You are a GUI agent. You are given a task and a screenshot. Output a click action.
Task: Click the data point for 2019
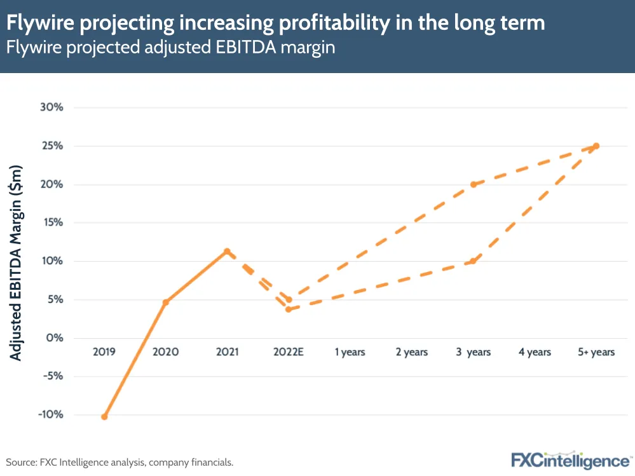click(104, 417)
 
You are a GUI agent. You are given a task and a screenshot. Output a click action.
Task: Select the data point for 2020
click(165, 302)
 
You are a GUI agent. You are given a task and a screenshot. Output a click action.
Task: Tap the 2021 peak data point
click(227, 251)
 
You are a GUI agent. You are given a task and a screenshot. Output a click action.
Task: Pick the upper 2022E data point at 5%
click(289, 299)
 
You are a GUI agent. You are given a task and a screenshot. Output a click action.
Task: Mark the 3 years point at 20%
click(474, 184)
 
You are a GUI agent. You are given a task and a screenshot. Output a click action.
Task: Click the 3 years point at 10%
click(474, 261)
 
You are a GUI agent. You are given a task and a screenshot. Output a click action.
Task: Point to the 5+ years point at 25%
click(596, 146)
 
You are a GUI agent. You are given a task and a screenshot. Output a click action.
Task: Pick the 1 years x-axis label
click(350, 352)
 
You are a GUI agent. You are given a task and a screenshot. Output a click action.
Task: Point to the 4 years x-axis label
click(535, 352)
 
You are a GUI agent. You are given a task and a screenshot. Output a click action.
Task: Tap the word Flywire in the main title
click(38, 24)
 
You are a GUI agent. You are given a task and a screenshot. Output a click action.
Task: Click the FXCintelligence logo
click(571, 460)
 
